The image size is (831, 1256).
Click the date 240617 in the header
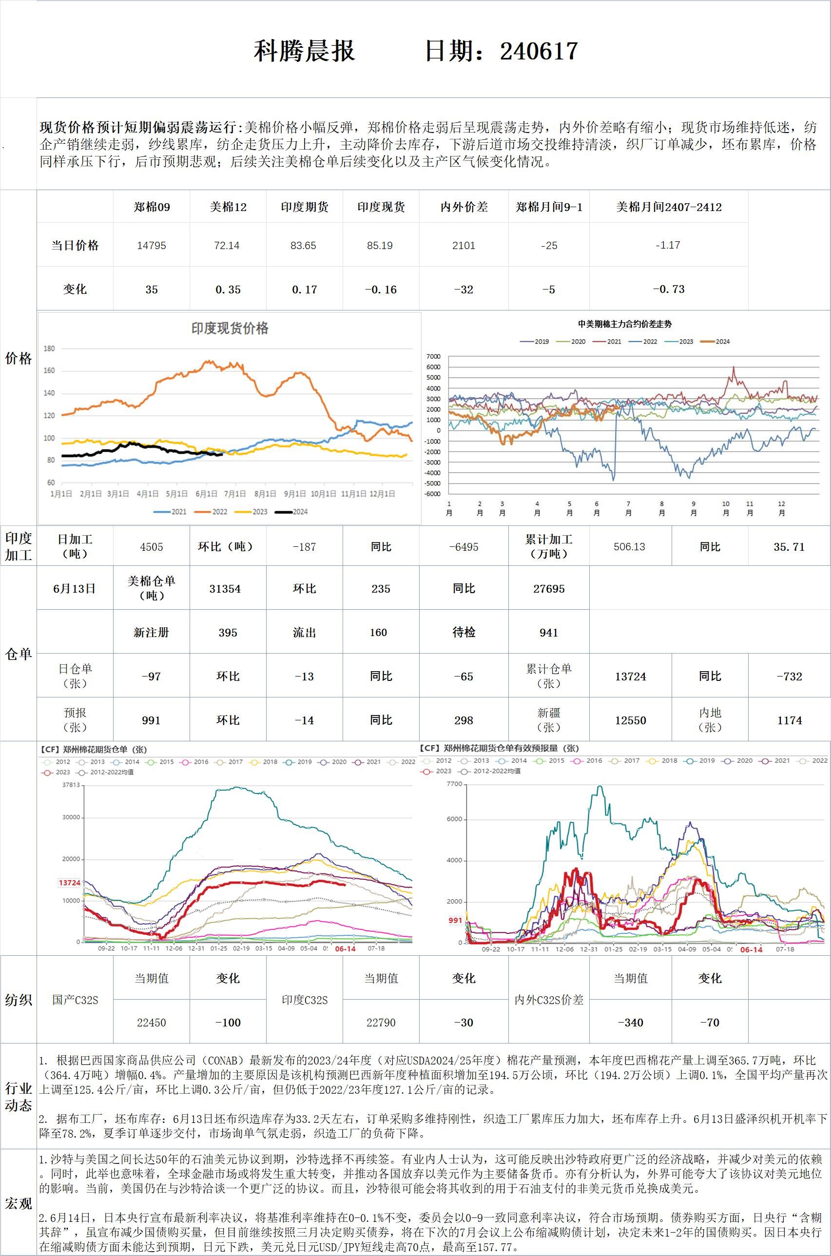(539, 51)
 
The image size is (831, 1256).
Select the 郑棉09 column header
(152, 207)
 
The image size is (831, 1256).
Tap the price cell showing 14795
(152, 245)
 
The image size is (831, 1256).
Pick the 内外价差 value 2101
(464, 245)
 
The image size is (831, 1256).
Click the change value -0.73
(668, 290)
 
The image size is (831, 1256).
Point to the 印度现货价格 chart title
(230, 328)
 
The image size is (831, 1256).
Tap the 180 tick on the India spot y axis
(49, 348)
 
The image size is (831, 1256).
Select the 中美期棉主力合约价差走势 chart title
(625, 324)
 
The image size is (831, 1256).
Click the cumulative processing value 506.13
(630, 547)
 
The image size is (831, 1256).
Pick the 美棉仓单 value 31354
(225, 589)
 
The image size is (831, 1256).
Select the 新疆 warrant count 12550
(630, 720)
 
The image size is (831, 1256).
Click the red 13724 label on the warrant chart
(69, 883)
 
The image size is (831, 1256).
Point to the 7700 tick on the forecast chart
(454, 784)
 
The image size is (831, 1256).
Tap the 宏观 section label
(19, 1203)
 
